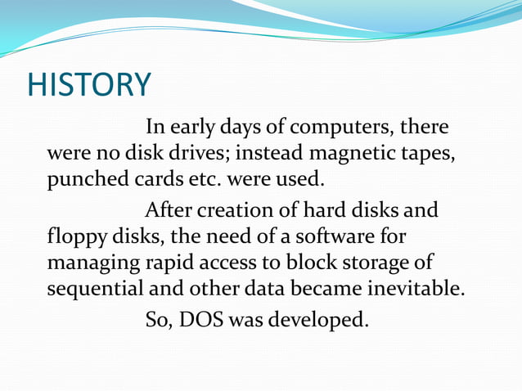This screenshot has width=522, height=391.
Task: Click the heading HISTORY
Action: click(89, 84)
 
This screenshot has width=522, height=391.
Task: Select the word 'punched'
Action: click(80, 178)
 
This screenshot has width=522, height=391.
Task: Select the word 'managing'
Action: click(87, 263)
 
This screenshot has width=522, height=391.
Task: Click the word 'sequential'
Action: click(92, 288)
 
